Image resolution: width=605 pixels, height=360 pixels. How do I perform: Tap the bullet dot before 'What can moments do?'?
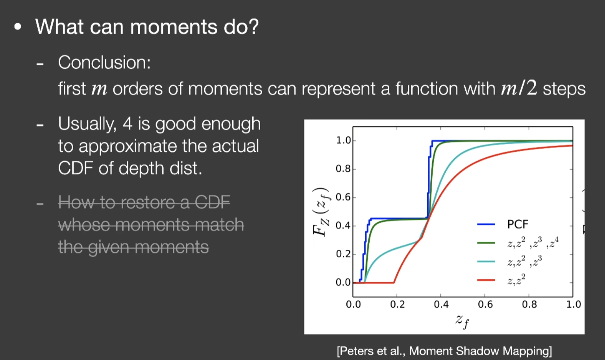pyautogui.click(x=18, y=27)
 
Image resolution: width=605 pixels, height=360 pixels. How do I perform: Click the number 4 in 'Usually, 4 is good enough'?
pyautogui.click(x=128, y=124)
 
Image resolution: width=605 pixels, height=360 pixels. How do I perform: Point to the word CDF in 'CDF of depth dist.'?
pyautogui.click(x=75, y=168)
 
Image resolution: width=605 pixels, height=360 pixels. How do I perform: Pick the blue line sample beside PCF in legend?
pyautogui.click(x=486, y=224)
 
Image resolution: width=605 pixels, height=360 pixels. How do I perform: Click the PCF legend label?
pyautogui.click(x=518, y=225)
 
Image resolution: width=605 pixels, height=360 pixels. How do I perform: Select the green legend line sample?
pyautogui.click(x=486, y=243)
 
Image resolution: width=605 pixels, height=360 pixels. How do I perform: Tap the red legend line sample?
pyautogui.click(x=486, y=280)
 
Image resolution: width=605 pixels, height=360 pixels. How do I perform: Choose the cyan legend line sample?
pyautogui.click(x=486, y=262)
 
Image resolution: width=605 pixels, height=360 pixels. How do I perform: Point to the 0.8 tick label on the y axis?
pyautogui.click(x=343, y=169)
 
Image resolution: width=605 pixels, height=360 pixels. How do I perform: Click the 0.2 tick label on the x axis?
pyautogui.click(x=397, y=304)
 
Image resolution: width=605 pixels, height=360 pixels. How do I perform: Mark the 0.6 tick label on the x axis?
pyautogui.click(x=485, y=304)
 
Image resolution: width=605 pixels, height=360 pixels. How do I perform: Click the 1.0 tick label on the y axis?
pyautogui.click(x=343, y=141)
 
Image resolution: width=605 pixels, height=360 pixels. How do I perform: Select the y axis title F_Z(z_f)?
pyautogui.click(x=321, y=212)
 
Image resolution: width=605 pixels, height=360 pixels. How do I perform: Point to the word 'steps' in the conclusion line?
pyautogui.click(x=564, y=89)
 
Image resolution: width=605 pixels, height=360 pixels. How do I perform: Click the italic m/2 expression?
pyautogui.click(x=519, y=88)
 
